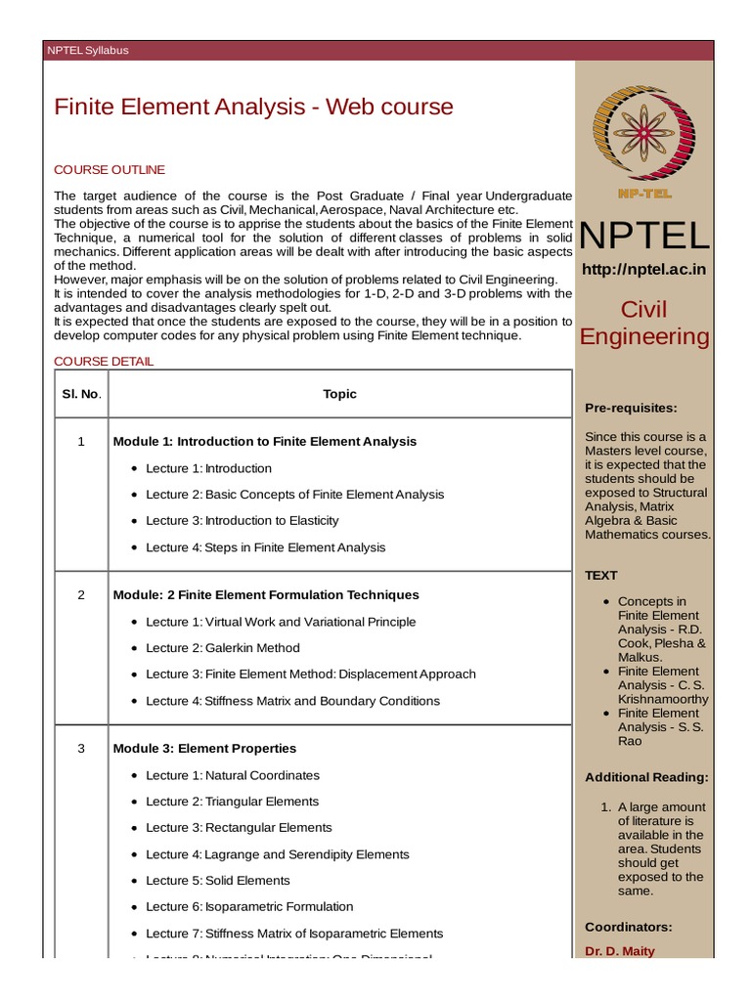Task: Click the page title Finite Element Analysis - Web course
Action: (x=253, y=107)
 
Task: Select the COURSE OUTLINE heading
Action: (x=110, y=170)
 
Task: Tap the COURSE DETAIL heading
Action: (x=104, y=362)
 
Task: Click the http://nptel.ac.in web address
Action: (x=643, y=269)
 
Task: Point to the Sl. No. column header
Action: (x=82, y=394)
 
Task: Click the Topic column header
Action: (x=340, y=394)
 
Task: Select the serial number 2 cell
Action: (x=82, y=595)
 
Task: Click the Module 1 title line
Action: (x=265, y=442)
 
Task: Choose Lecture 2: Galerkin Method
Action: (x=223, y=648)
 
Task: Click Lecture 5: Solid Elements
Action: (x=218, y=881)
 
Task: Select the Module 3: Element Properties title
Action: (x=204, y=749)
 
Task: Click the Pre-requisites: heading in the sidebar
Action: (x=631, y=408)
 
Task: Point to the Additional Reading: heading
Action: (x=646, y=778)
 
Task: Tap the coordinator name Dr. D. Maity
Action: (x=620, y=951)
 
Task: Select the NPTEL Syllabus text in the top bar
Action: (x=88, y=51)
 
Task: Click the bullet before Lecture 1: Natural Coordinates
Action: (x=133, y=776)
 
